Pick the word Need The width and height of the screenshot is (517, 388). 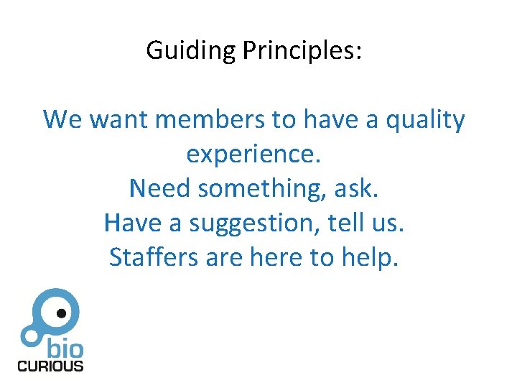pos(160,188)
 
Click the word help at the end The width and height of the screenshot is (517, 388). pos(374,257)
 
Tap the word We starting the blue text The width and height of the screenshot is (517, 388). pos(62,119)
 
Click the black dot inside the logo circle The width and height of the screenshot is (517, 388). pos(62,313)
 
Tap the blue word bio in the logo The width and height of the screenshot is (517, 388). pos(65,350)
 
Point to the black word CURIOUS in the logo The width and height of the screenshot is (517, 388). pos(50,366)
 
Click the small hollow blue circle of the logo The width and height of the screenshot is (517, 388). pos(29,335)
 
